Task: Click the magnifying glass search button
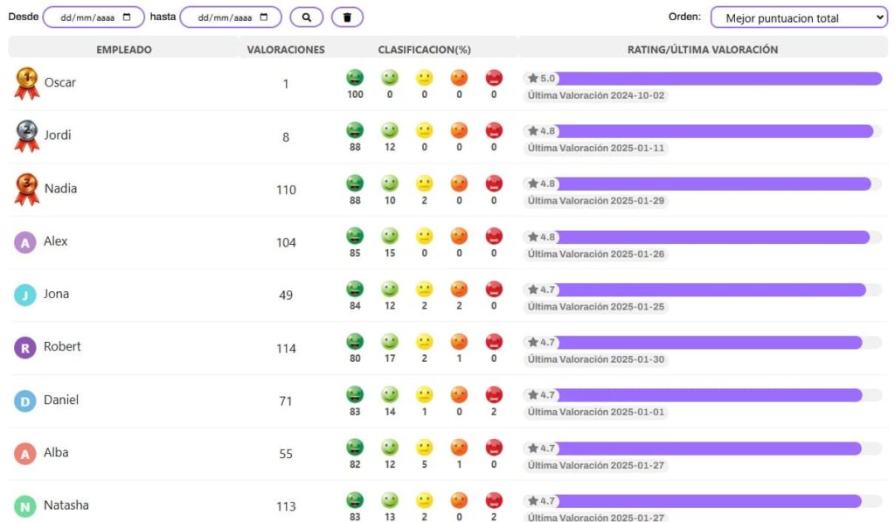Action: coord(307,17)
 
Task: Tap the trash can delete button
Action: coord(347,17)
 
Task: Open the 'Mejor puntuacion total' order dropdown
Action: coord(799,17)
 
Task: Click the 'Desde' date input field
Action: coord(94,17)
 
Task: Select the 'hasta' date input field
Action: coord(231,17)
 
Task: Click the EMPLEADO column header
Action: coord(124,50)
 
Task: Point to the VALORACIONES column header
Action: coord(286,50)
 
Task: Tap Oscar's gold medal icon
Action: coord(27,83)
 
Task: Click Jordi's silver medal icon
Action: coord(27,136)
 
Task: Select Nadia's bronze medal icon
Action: coord(27,189)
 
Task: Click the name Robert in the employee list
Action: coord(62,346)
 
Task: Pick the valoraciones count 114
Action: coord(286,348)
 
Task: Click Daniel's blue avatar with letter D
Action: coord(25,401)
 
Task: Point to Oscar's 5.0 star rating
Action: coord(541,78)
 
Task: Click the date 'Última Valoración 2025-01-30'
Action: coord(596,359)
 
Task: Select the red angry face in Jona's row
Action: coord(494,289)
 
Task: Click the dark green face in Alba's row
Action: coord(355,447)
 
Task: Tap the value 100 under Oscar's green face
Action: coord(355,94)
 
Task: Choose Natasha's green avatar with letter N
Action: coord(25,506)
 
